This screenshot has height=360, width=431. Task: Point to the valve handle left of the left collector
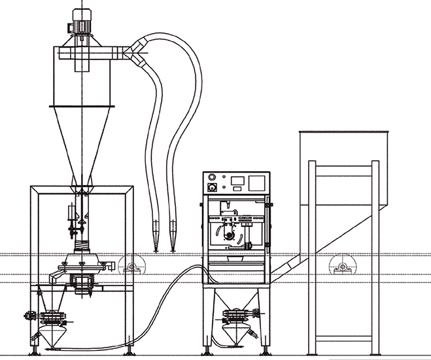[x=29, y=316]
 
